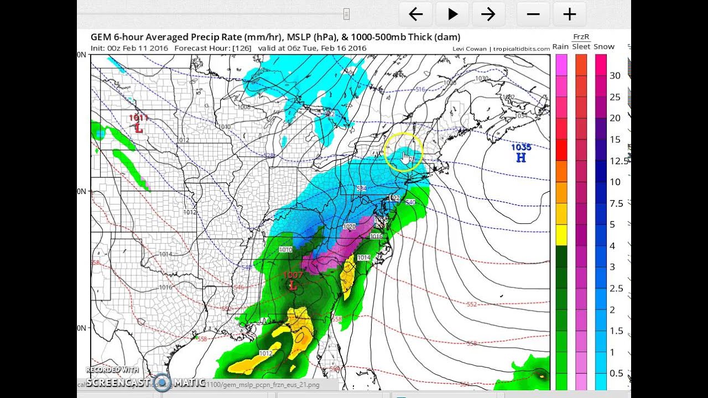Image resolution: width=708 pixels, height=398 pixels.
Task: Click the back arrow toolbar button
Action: pyautogui.click(x=416, y=14)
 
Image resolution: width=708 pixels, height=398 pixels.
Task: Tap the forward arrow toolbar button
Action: pyautogui.click(x=488, y=14)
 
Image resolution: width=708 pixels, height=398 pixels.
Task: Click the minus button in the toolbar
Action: pyautogui.click(x=533, y=14)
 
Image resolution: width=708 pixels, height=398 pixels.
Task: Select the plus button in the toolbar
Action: pyautogui.click(x=569, y=14)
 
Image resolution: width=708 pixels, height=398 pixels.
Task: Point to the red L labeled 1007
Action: pyautogui.click(x=293, y=286)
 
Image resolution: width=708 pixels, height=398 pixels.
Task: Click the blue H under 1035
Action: pyautogui.click(x=520, y=158)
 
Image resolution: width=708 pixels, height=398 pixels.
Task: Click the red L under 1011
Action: pyautogui.click(x=139, y=128)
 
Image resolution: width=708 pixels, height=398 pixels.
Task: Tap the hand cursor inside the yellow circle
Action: pyautogui.click(x=405, y=158)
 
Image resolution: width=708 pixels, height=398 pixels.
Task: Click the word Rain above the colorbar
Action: pyautogui.click(x=560, y=47)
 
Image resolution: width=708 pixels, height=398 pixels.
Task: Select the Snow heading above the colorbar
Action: pyautogui.click(x=604, y=47)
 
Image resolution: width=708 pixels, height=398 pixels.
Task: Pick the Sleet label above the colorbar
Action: pyautogui.click(x=581, y=47)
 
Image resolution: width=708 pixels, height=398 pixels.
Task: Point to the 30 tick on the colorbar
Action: pyautogui.click(x=615, y=76)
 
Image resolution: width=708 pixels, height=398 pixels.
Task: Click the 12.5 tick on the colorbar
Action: pyautogui.click(x=619, y=161)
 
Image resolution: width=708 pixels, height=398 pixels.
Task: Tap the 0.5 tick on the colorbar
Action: pyautogui.click(x=616, y=373)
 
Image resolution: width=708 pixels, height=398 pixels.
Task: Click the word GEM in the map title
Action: pyautogui.click(x=101, y=37)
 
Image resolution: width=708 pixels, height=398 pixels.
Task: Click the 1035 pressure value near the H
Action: pyautogui.click(x=520, y=147)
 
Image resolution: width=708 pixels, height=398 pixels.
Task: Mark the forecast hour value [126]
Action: pyautogui.click(x=242, y=48)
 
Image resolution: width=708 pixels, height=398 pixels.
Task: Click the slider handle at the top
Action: pyautogui.click(x=346, y=14)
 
